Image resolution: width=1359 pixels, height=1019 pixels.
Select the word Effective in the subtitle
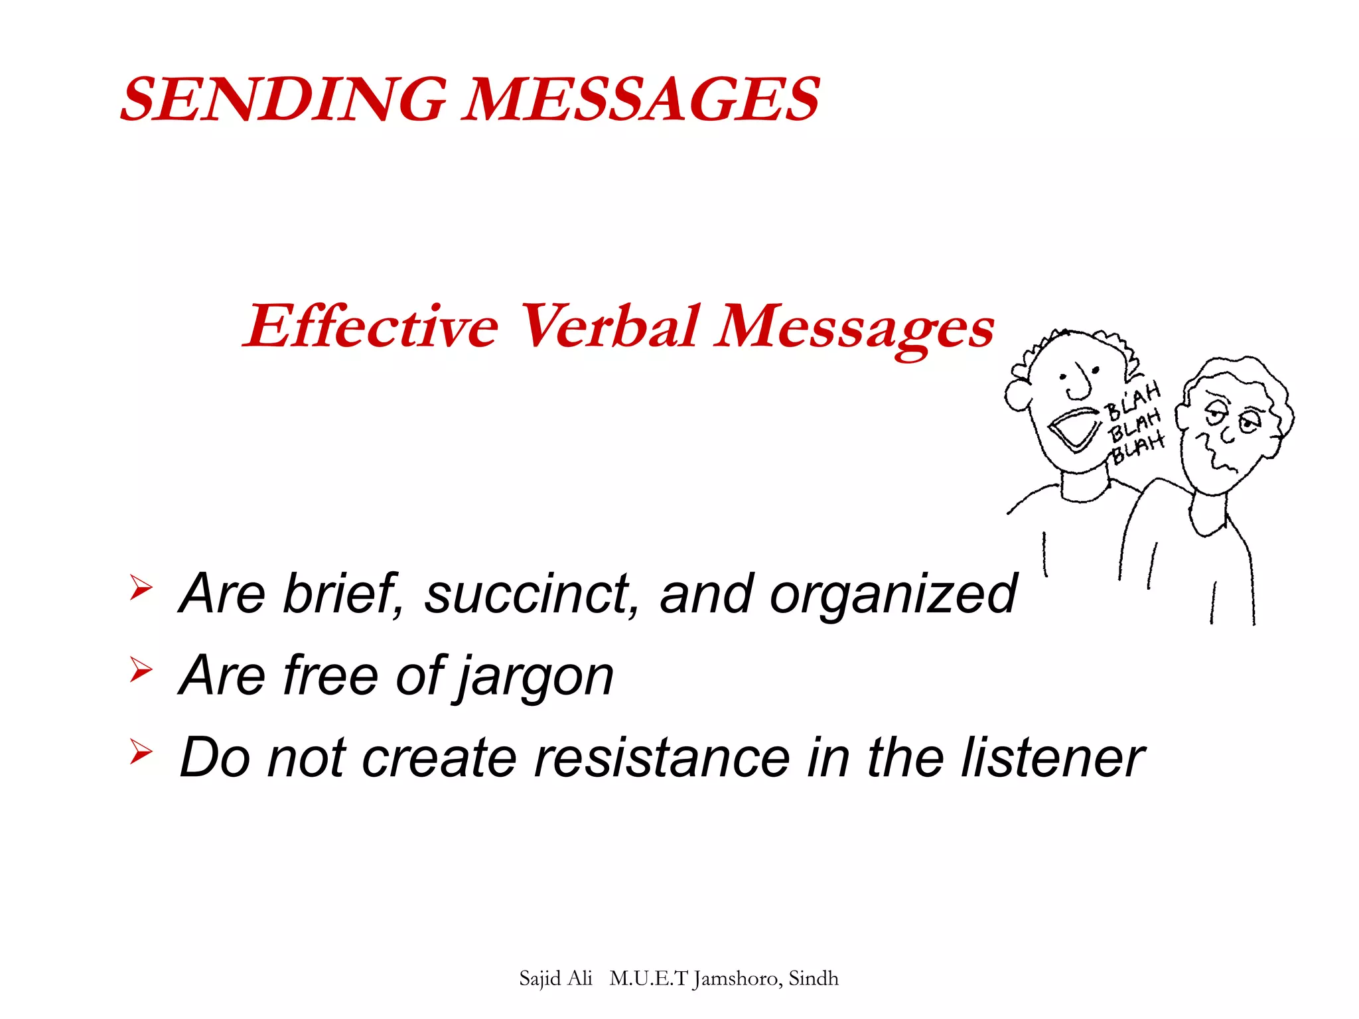point(372,326)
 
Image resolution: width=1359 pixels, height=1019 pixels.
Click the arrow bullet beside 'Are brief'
point(141,588)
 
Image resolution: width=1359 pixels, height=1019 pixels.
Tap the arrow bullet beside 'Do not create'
point(141,752)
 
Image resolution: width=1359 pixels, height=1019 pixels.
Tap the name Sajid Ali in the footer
point(555,979)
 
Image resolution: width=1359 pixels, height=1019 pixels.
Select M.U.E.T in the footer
point(648,979)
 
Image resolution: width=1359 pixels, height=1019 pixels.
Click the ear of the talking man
point(1018,395)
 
